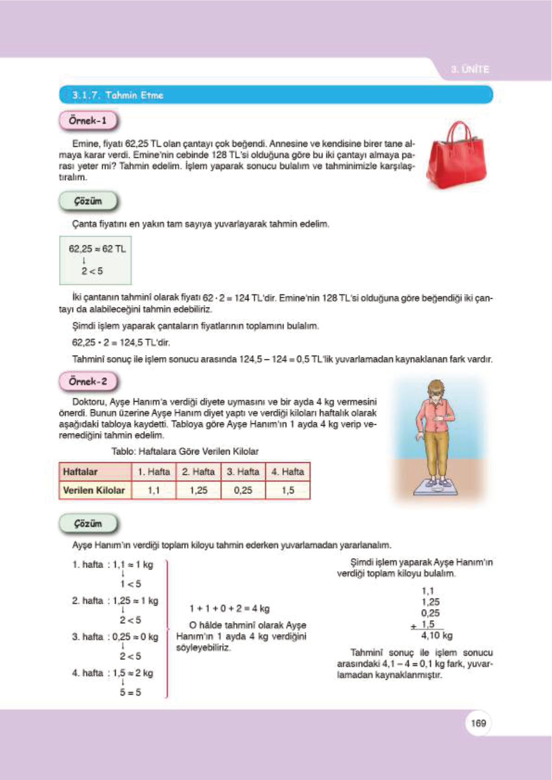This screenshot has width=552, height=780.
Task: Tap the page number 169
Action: [x=478, y=723]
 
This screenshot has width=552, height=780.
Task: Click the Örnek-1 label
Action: [x=88, y=121]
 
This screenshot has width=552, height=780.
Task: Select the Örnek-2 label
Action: [x=88, y=382]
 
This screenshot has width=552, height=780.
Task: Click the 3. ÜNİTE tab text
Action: [x=470, y=69]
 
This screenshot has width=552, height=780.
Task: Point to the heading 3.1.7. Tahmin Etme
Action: [x=118, y=95]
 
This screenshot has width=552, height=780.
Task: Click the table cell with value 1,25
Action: [x=198, y=490]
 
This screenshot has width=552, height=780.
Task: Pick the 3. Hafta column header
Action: [x=243, y=472]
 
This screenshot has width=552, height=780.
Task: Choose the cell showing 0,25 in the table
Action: [x=243, y=490]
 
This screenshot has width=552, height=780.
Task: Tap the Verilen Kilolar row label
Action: [x=95, y=490]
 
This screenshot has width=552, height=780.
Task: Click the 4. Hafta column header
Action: [x=287, y=472]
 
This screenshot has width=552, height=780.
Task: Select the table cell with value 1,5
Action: [x=287, y=490]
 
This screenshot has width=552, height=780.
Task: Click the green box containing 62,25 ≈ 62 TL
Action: [x=95, y=260]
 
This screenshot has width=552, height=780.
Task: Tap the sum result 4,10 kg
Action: [x=437, y=635]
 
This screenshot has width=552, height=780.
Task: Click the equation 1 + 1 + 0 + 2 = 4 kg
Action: [x=229, y=608]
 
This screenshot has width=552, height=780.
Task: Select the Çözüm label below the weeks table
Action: [x=88, y=524]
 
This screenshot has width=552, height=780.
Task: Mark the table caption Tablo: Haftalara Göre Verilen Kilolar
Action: [x=184, y=451]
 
